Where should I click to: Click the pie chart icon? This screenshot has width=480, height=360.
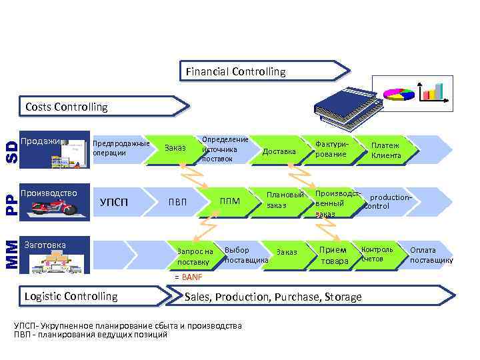tap(399, 93)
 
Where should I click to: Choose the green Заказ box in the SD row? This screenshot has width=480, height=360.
tap(175, 148)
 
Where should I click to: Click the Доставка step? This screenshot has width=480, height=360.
tap(279, 151)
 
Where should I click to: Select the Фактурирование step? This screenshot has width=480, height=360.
tap(331, 149)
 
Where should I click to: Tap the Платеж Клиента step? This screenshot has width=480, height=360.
tap(386, 150)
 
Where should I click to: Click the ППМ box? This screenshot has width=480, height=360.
tap(230, 201)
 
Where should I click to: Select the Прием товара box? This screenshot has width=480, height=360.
tap(333, 255)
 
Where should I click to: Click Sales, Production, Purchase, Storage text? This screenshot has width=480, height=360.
tap(273, 297)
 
